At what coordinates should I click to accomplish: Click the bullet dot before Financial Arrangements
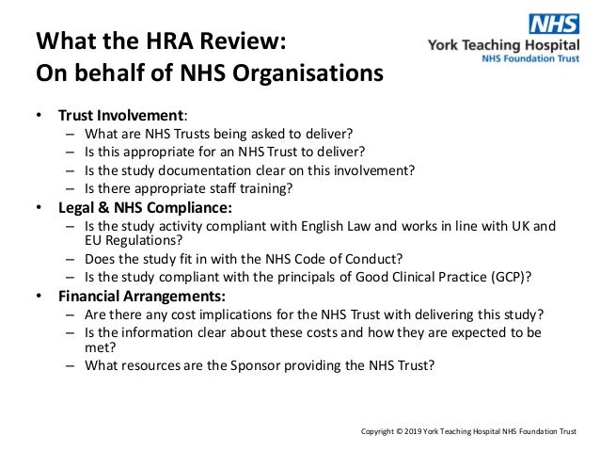(39, 296)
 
